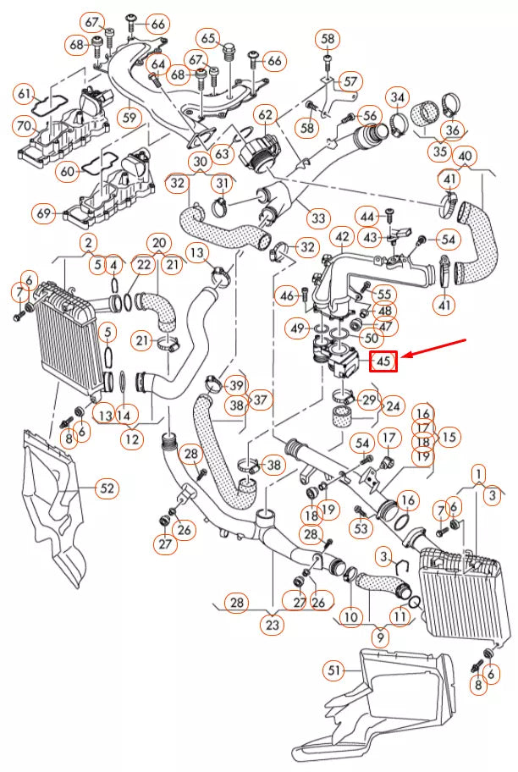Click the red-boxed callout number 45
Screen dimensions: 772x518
click(x=383, y=361)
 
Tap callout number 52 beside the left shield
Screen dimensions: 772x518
click(x=107, y=488)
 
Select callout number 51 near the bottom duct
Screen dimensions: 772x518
click(x=335, y=670)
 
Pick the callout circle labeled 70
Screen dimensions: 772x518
click(x=24, y=126)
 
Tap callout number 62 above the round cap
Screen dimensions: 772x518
click(x=266, y=114)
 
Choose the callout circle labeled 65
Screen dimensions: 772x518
click(x=209, y=38)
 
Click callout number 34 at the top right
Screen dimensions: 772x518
click(x=398, y=96)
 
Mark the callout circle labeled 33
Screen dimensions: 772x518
click(x=317, y=218)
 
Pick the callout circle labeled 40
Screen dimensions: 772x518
click(x=465, y=157)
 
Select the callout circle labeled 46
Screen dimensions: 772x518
click(x=288, y=295)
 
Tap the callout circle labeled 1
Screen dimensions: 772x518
click(x=480, y=472)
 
